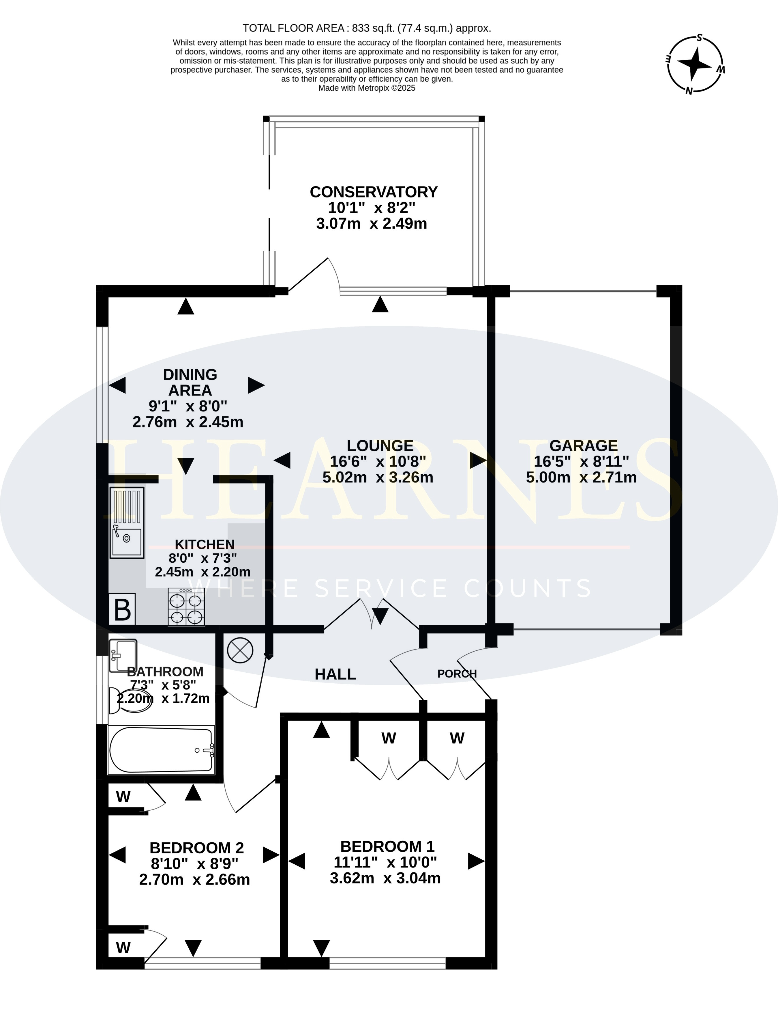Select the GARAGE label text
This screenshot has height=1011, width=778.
[x=583, y=445]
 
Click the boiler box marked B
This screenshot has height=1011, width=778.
[x=122, y=609]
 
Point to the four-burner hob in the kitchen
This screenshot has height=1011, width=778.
[x=186, y=607]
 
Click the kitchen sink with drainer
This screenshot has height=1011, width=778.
[x=127, y=523]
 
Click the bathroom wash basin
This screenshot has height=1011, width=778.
[x=123, y=656]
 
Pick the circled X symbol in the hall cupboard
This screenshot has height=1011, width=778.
[x=240, y=650]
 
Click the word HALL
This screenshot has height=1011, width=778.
[x=335, y=674]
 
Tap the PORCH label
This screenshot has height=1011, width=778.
[x=457, y=674]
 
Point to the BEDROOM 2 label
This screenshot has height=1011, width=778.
[x=196, y=848]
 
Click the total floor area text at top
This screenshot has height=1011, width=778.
[x=367, y=28]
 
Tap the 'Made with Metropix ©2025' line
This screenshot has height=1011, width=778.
[x=367, y=88]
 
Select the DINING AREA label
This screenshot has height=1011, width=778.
[x=190, y=382]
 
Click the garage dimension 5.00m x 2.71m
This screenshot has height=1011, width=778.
[x=582, y=477]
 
